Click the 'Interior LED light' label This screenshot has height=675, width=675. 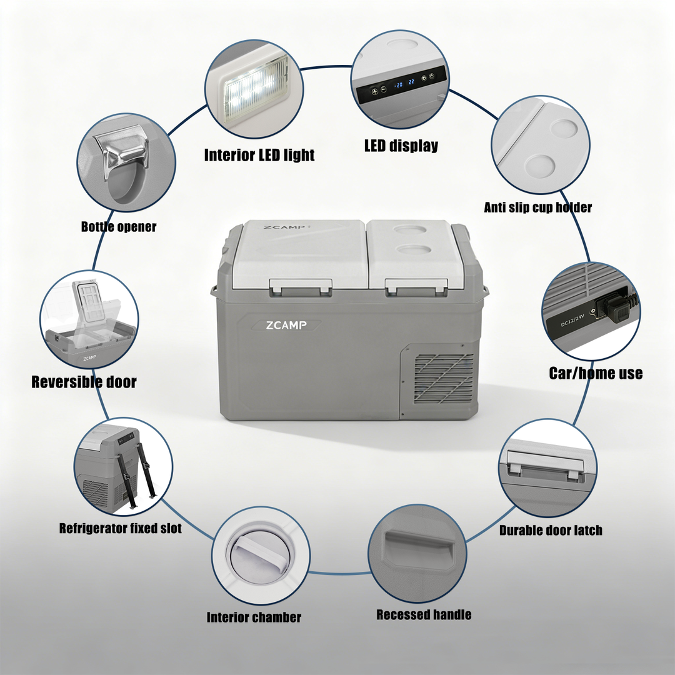click(259, 155)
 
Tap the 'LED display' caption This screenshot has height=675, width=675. click(401, 146)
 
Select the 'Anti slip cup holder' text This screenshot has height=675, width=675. click(537, 207)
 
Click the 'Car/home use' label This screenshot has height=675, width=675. click(596, 373)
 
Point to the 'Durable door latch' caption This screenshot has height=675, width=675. click(551, 531)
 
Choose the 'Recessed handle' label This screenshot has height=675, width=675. click(424, 615)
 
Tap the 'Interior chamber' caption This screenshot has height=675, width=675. click(254, 617)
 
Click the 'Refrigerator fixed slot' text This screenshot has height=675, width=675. click(120, 528)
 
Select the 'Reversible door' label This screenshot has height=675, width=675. click(84, 382)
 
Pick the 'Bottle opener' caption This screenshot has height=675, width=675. click(118, 226)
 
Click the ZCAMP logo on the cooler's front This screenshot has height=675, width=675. click(286, 325)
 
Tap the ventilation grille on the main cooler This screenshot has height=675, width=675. click(443, 378)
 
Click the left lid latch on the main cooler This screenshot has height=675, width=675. click(301, 287)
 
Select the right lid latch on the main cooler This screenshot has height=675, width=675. click(416, 287)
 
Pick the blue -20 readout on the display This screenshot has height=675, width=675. click(399, 85)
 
